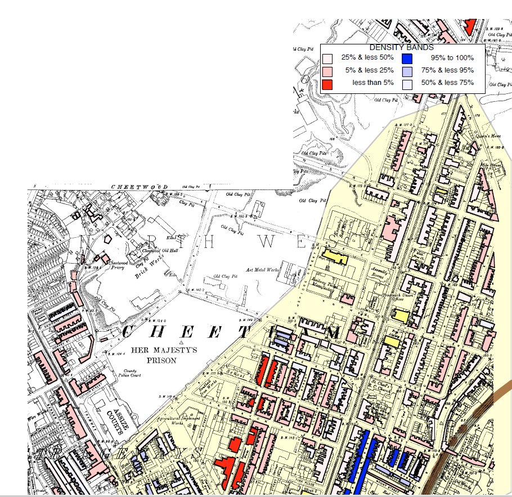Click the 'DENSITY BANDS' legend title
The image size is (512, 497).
(x=401, y=48)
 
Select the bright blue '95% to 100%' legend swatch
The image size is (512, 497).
(x=407, y=58)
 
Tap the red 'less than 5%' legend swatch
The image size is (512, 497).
(x=327, y=84)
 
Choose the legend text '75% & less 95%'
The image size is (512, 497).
(x=447, y=71)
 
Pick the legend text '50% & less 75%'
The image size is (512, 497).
(x=447, y=84)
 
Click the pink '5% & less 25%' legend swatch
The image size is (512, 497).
(x=327, y=71)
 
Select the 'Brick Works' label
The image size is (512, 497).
(x=150, y=271)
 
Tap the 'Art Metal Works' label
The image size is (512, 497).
(x=263, y=270)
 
